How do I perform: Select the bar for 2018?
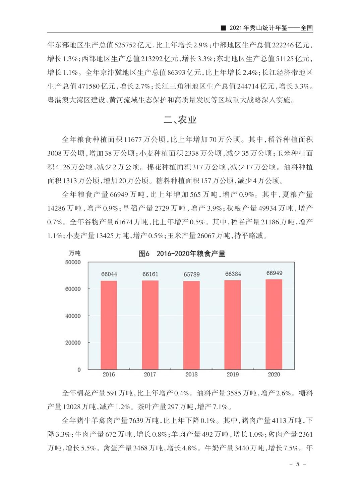[x=192, y=325]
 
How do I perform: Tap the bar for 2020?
[x=274, y=324]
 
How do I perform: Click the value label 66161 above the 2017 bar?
[x=151, y=274]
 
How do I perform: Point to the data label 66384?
[x=233, y=274]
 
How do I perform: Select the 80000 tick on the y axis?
[x=73, y=262]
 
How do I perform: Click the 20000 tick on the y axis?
[x=73, y=343]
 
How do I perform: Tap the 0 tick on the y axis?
[x=79, y=370]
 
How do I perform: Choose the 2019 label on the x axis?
[x=233, y=374]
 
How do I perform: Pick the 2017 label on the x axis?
[x=151, y=374]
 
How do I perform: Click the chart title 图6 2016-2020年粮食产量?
[x=182, y=254]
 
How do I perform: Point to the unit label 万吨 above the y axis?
[x=74, y=253]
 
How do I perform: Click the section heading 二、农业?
[x=180, y=120]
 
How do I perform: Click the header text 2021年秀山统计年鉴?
[x=258, y=28]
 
